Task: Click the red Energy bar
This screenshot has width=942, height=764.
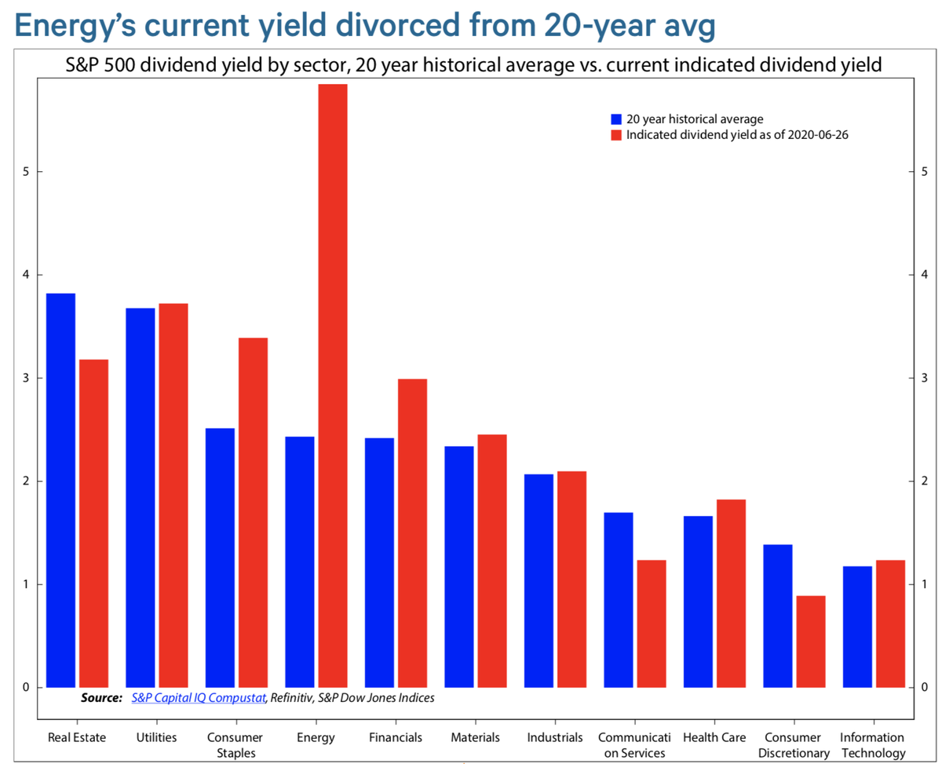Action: point(332,385)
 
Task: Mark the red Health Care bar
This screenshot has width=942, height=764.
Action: point(730,593)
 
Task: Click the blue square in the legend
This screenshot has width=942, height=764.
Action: point(616,119)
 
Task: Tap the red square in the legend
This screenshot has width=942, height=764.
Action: point(616,135)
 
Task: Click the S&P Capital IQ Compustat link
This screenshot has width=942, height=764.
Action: point(199,697)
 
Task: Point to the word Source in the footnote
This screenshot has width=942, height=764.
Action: point(100,697)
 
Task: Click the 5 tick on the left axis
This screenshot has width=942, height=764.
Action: point(25,172)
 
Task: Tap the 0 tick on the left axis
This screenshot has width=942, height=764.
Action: point(25,688)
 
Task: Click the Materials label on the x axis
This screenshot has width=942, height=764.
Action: point(476,737)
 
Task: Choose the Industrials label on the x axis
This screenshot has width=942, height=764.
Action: point(554,737)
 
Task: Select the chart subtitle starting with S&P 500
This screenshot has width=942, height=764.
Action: point(473,66)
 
